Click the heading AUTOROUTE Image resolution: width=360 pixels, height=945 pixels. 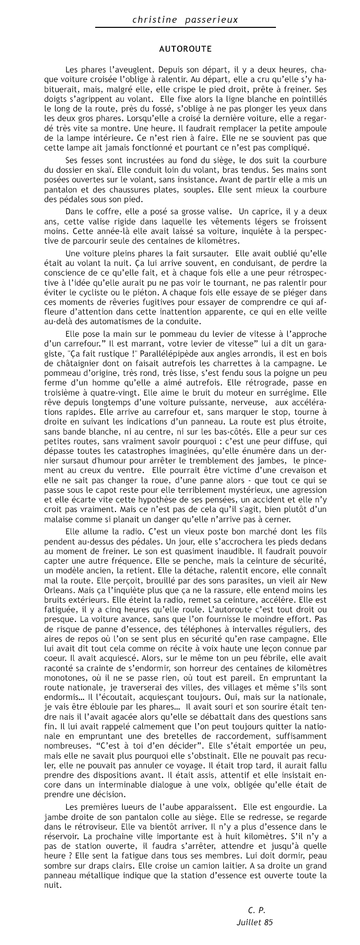[x=185, y=49]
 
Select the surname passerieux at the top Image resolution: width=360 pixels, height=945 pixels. [x=212, y=20]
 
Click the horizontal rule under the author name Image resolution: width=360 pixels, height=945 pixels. [x=185, y=27]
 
